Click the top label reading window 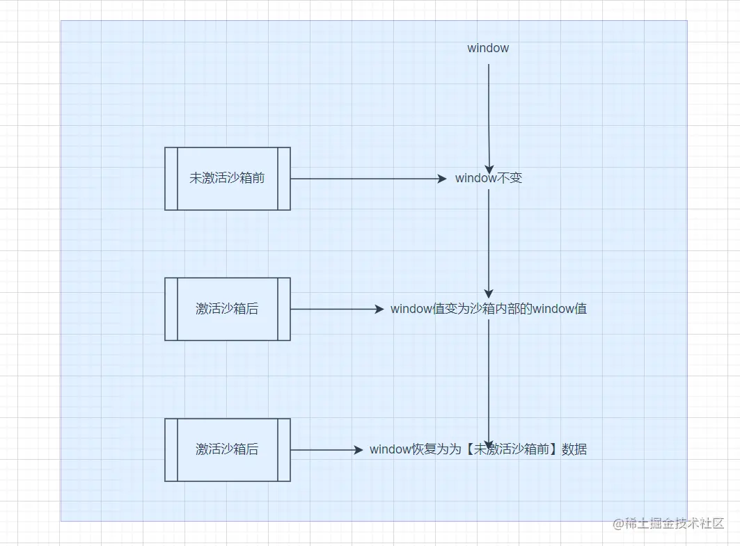click(488, 48)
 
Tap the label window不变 click(489, 178)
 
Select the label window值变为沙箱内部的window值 click(489, 308)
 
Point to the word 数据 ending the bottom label click(574, 449)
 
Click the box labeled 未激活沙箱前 click(228, 178)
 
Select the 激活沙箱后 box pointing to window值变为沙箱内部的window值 click(228, 309)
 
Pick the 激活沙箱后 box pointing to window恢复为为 click(228, 449)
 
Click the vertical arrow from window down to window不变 click(489, 115)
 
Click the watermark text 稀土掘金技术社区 click(675, 523)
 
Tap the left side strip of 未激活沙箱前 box click(171, 178)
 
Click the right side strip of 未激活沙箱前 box click(284, 178)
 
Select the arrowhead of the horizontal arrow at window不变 click(442, 179)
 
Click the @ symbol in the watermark click(618, 524)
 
